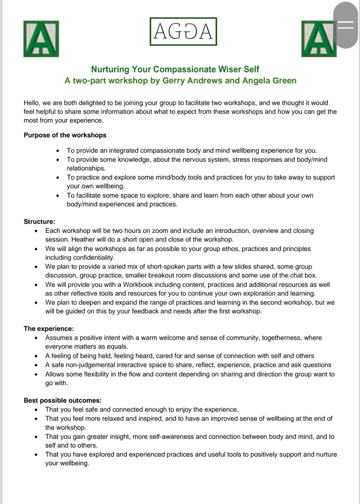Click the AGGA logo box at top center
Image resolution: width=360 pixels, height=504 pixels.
click(183, 32)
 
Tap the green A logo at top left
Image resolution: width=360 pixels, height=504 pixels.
click(41, 39)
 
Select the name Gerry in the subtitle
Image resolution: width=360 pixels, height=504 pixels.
click(173, 81)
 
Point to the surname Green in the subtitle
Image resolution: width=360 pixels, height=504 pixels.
click(284, 81)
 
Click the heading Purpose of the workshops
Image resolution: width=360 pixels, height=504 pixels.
click(65, 135)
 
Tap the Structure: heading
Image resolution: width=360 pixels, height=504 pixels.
click(39, 222)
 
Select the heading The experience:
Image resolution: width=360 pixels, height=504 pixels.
click(49, 329)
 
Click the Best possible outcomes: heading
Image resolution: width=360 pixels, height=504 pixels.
click(63, 401)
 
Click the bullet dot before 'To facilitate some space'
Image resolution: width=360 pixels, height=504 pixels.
click(58, 196)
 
